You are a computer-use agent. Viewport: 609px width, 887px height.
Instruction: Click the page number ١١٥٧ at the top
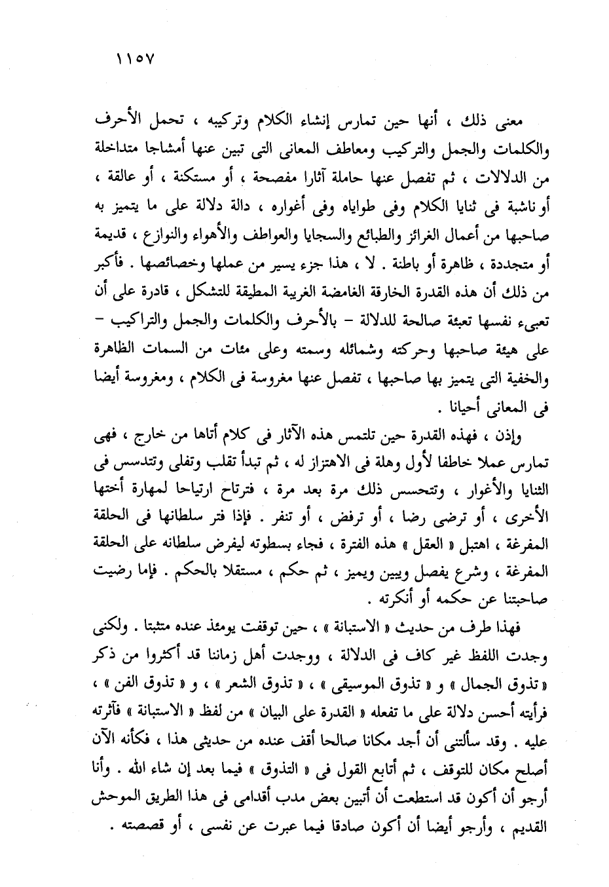pyautogui.click(x=135, y=58)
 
